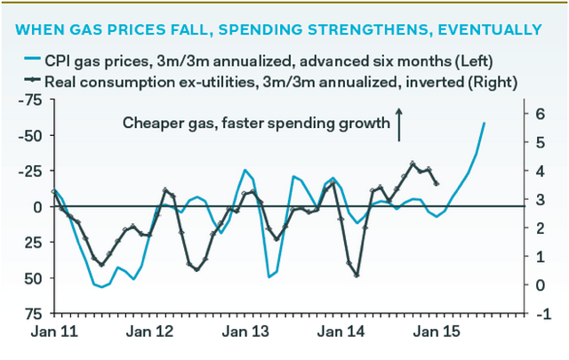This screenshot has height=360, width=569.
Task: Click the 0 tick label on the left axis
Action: coord(36,206)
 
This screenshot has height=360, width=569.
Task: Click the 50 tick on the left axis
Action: coord(33,278)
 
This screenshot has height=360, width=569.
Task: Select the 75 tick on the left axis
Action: coord(33,314)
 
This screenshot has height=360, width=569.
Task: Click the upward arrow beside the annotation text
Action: coord(399,124)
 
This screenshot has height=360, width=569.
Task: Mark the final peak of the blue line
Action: coord(485,123)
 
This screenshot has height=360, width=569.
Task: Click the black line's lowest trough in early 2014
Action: coord(357,276)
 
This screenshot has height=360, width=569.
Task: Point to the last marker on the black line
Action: coord(437,183)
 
